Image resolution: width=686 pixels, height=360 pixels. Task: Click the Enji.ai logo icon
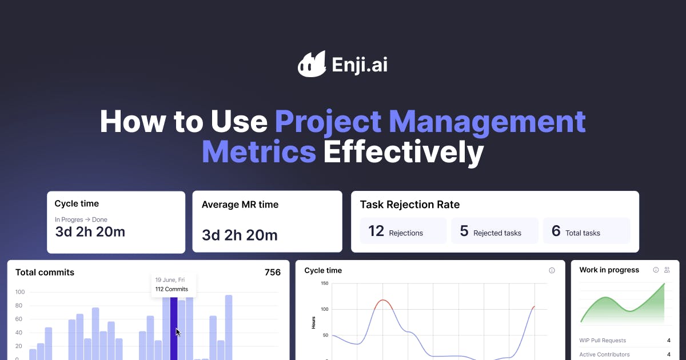312,63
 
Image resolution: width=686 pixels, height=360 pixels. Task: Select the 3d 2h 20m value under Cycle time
90,231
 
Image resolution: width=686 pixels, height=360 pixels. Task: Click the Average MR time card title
240,205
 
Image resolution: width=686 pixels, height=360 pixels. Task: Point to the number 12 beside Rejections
376,231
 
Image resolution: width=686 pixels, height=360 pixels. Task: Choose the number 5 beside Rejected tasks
464,231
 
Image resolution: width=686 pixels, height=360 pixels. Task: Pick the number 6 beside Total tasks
556,231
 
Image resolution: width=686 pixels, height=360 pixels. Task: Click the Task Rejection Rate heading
409,205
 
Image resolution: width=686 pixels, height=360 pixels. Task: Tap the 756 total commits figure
273,273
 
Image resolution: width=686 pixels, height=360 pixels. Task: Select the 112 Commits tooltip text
171,289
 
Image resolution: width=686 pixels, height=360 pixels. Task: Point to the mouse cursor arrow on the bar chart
178,332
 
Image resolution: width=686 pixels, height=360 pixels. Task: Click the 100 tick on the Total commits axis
20,292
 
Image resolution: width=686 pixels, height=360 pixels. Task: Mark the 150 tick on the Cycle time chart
324,283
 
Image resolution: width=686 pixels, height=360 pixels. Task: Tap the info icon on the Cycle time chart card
552,270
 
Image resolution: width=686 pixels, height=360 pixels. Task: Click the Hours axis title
313,322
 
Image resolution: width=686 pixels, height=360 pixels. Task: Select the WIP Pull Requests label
603,341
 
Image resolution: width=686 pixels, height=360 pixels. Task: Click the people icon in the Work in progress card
667,270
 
